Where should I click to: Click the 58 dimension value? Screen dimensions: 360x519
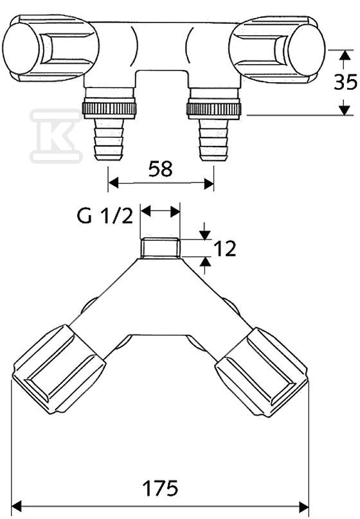160,169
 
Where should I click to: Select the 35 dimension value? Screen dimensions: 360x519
345,82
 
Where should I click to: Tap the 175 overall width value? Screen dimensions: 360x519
160,488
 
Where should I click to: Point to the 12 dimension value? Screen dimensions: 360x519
224,249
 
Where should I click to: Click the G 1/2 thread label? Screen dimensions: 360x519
105,216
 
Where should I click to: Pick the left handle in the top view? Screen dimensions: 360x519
50,48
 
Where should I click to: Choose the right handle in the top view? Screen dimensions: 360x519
277,49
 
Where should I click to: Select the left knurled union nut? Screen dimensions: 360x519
109,108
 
